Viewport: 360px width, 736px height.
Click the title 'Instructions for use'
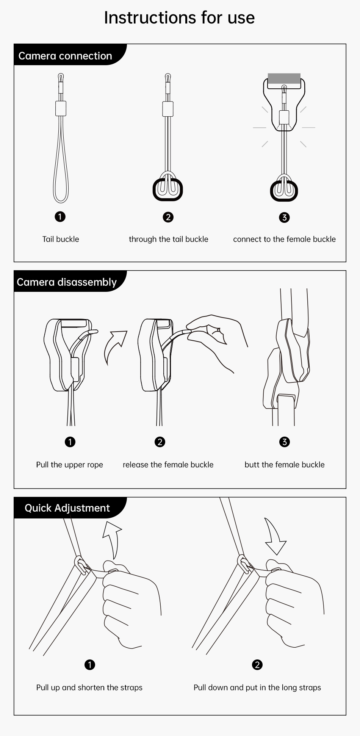click(179, 18)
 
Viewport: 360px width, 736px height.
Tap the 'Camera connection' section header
click(65, 56)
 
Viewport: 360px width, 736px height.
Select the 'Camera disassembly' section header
click(67, 282)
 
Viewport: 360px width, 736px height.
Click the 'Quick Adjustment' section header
click(67, 508)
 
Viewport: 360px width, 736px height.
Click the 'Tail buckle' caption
click(61, 239)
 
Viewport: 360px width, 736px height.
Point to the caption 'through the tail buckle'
click(169, 239)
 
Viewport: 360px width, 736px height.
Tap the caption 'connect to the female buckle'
click(284, 239)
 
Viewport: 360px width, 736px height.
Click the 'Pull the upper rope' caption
click(70, 465)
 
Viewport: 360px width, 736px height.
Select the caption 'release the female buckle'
click(168, 465)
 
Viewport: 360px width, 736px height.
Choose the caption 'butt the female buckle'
click(285, 465)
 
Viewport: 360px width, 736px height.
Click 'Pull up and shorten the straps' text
click(89, 687)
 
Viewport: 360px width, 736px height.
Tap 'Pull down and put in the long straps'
click(257, 687)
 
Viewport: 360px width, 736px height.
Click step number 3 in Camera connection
click(284, 218)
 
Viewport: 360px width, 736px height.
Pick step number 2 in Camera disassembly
click(160, 442)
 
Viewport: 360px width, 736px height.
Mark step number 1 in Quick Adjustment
click(90, 665)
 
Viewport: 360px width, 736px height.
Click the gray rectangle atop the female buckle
click(284, 78)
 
